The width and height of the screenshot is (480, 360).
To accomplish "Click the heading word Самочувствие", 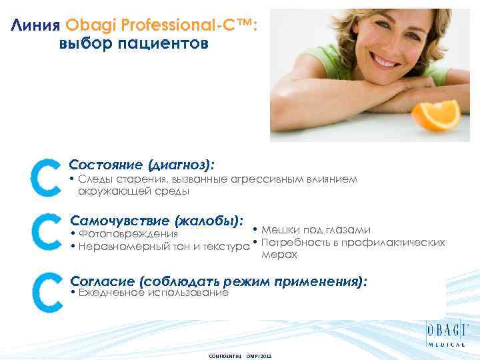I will [120, 219].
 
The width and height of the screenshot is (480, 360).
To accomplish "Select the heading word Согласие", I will [99, 281].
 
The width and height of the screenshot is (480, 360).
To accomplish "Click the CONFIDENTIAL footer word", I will [226, 355].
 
